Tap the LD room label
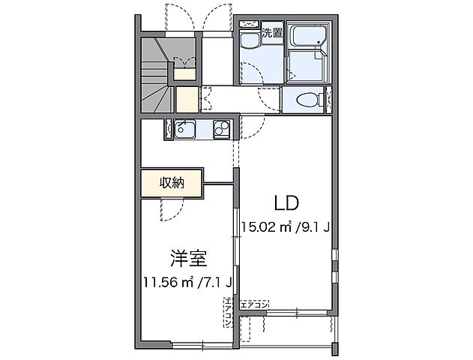[286, 202]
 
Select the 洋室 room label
[187, 257]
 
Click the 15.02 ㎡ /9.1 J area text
[286, 226]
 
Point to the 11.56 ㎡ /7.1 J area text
[187, 282]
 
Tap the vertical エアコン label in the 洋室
[226, 316]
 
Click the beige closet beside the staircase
[187, 99]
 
